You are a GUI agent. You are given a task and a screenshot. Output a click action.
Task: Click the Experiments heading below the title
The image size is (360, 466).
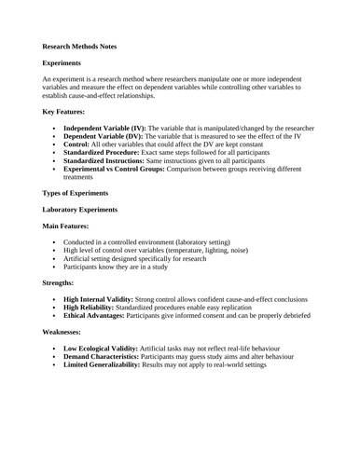coord(64,62)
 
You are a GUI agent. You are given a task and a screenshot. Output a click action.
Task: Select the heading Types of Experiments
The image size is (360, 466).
coord(80,193)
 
